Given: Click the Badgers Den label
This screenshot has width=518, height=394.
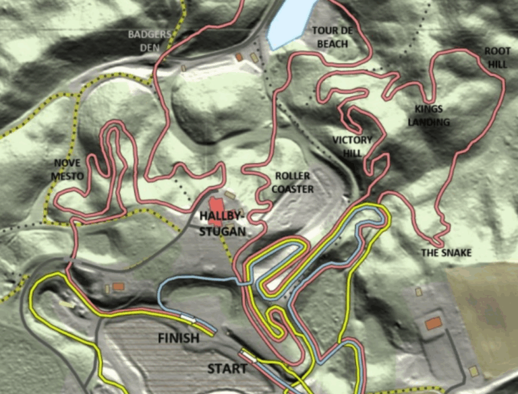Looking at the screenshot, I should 149,40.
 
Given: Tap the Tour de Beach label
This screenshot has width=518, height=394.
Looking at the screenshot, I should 330,37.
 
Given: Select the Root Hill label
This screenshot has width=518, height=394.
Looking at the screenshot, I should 497,58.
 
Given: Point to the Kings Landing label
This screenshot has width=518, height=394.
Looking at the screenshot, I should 428,115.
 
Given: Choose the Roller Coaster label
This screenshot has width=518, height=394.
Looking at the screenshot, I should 293,183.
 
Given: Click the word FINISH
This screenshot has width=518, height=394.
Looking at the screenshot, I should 178,338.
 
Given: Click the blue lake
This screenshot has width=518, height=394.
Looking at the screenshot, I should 291,20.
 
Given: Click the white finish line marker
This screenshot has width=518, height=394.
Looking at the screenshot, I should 188,317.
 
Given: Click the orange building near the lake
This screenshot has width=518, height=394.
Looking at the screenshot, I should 239,58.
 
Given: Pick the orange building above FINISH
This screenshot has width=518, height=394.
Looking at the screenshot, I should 119,287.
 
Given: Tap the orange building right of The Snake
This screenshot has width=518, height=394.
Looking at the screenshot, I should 433,324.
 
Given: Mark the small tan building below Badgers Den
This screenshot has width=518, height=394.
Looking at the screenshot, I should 183,68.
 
